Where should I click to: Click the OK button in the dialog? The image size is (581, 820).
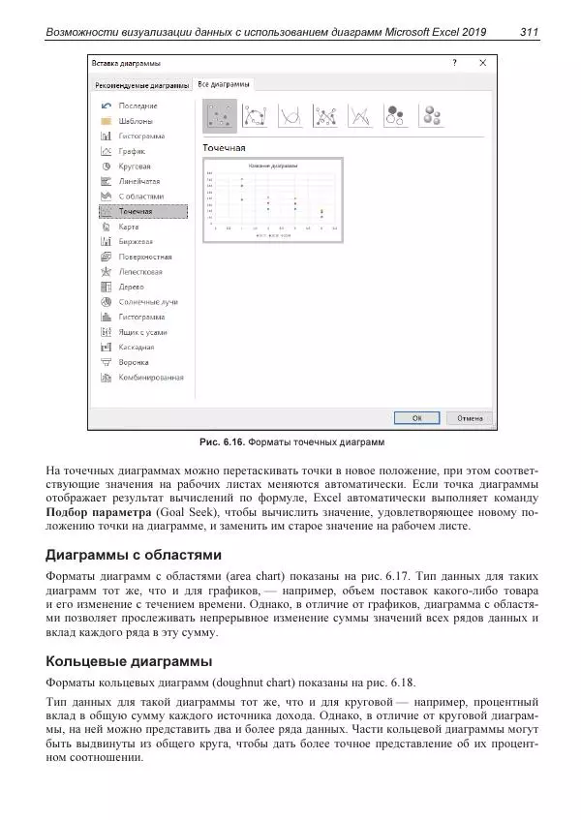point(415,417)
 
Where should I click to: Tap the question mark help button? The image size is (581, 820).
point(454,62)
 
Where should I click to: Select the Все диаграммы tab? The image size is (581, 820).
point(224,84)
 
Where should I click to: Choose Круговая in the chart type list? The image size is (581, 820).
point(135,167)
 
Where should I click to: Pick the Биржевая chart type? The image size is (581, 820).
point(136,241)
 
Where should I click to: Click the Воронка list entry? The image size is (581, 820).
point(134,361)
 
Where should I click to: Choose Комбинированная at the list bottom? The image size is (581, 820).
point(150,377)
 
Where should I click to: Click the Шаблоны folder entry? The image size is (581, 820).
point(135,121)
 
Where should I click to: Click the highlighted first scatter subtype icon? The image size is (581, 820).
point(219,116)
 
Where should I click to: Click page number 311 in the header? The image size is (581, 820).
point(529,33)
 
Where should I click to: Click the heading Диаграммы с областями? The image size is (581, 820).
point(135,556)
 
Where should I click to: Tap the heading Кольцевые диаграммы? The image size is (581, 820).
point(129,662)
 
